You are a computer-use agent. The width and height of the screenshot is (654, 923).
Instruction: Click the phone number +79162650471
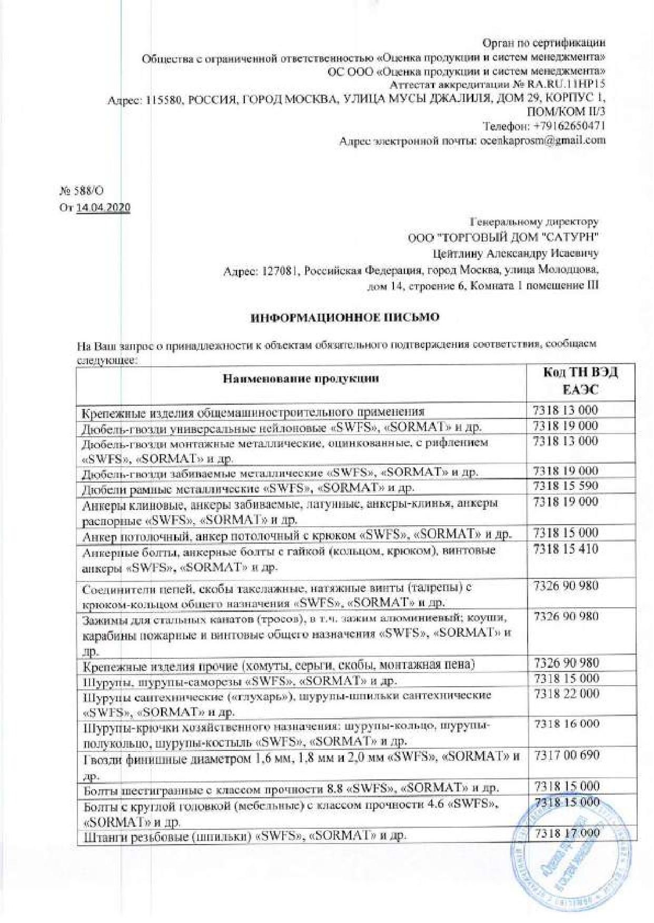click(x=569, y=126)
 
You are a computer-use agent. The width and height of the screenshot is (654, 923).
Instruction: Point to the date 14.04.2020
click(x=103, y=207)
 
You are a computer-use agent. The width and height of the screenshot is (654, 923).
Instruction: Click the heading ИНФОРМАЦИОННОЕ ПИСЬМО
click(x=344, y=317)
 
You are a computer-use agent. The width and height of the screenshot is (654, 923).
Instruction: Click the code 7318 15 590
click(x=566, y=485)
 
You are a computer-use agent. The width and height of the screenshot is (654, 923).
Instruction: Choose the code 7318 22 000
click(x=566, y=694)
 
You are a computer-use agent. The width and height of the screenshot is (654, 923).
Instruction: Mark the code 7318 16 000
click(x=566, y=724)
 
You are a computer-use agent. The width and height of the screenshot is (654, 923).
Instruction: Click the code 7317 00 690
click(x=566, y=755)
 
